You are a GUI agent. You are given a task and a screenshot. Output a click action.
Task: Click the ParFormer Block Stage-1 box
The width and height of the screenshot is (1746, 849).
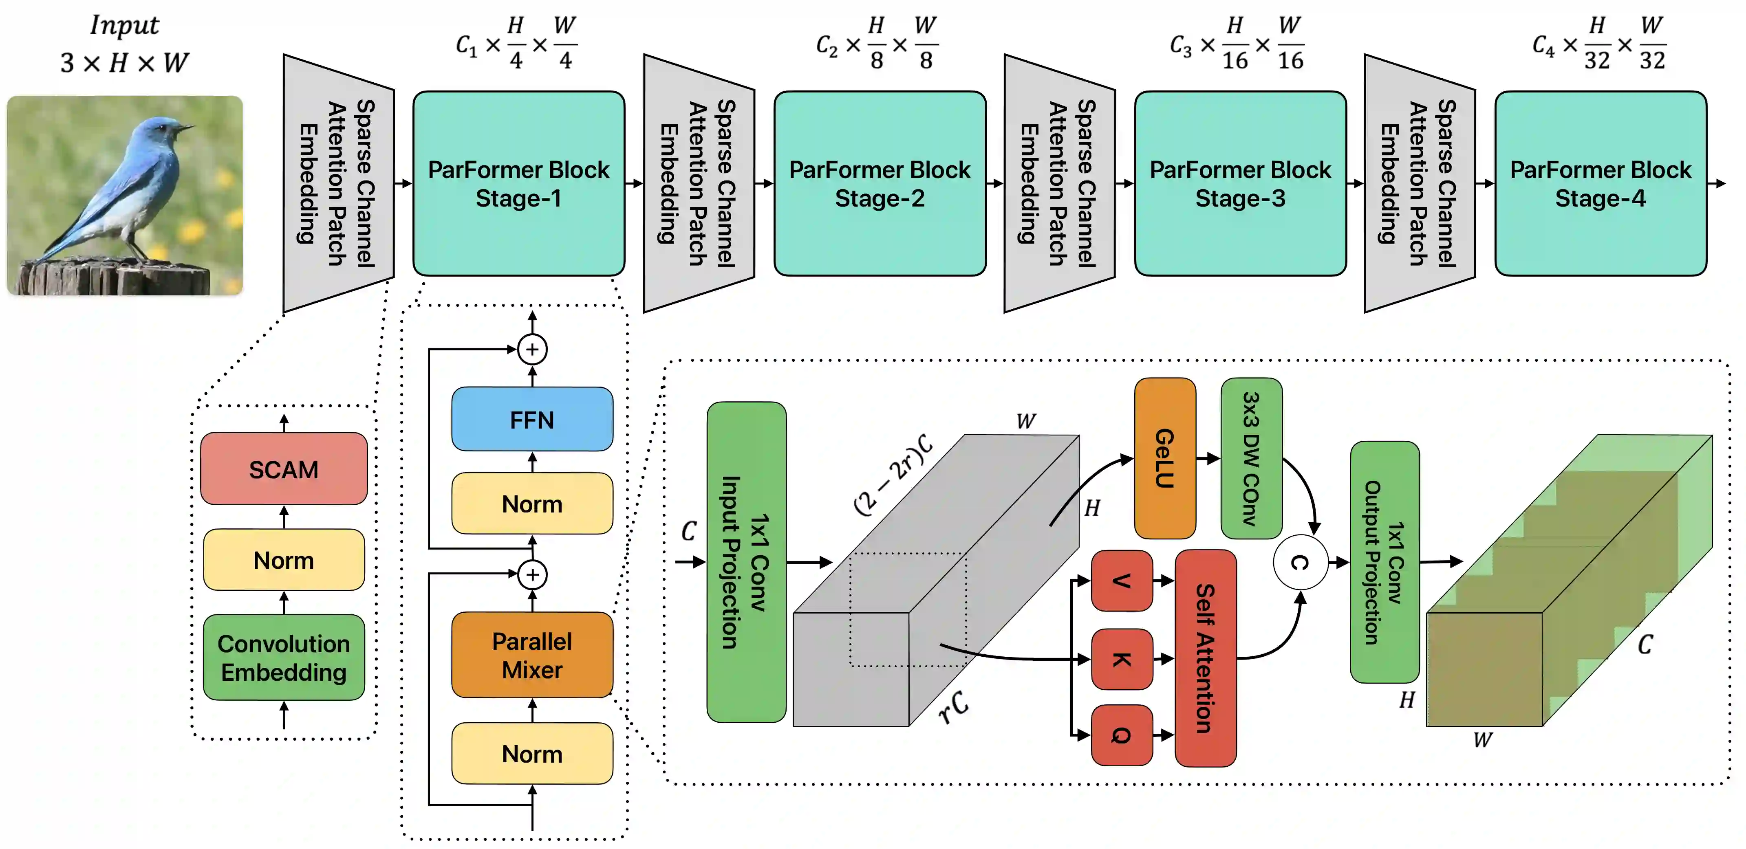[518, 184]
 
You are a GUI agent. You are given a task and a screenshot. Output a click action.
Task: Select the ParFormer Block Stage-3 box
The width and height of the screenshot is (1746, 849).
[1240, 184]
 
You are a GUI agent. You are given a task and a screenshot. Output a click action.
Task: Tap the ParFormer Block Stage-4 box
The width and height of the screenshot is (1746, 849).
[1600, 184]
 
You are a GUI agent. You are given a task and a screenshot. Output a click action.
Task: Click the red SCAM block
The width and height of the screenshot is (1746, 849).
[284, 469]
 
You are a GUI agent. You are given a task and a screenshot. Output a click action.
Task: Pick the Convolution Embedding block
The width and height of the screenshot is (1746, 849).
[284, 657]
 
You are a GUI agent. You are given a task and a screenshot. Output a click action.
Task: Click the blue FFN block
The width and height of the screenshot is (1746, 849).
[532, 420]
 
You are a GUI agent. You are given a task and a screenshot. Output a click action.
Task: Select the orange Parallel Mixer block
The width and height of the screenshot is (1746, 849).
[532, 655]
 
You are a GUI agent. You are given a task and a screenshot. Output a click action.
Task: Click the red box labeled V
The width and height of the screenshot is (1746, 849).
[1122, 581]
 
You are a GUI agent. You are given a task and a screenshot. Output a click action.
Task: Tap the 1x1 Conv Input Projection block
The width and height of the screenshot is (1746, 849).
[746, 562]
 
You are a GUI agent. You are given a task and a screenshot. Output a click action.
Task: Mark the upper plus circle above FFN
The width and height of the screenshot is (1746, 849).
[532, 350]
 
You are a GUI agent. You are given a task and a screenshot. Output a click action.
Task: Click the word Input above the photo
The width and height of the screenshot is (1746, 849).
[125, 26]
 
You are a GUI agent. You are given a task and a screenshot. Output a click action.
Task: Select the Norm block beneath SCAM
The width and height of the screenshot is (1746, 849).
[284, 560]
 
